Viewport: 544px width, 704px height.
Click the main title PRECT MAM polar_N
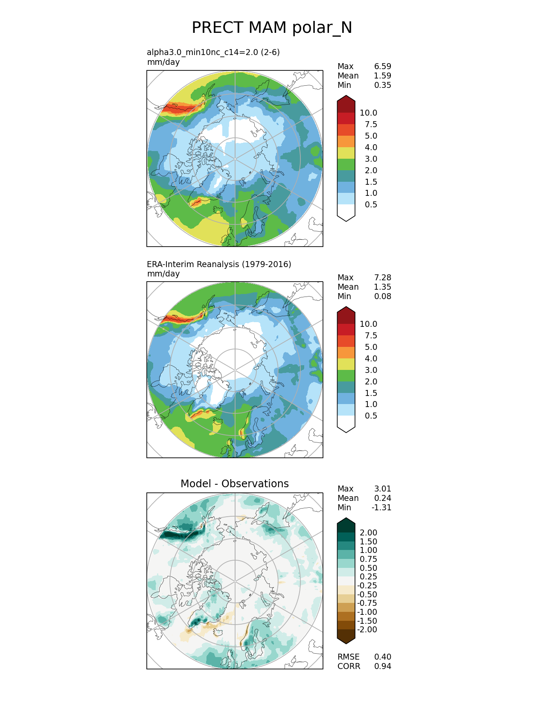click(272, 28)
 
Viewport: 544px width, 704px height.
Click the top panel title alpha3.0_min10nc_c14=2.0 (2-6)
click(213, 52)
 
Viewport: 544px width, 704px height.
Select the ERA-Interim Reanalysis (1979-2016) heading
click(219, 264)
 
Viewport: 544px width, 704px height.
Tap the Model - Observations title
click(234, 483)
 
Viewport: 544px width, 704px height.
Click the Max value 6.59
click(382, 66)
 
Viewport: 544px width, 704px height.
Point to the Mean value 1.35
click(382, 287)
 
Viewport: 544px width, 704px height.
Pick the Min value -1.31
click(381, 507)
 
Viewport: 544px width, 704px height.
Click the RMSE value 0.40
click(382, 657)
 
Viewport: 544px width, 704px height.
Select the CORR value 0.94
click(382, 666)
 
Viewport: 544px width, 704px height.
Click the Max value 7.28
click(382, 277)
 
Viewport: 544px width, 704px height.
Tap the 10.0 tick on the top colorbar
click(368, 113)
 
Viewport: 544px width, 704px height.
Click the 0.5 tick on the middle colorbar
click(371, 416)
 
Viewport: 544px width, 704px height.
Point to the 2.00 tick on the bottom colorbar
click(368, 532)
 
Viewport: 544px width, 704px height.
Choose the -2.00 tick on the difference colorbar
click(367, 629)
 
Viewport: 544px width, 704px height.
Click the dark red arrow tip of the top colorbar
click(346, 102)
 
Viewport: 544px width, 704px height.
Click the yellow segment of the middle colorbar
click(346, 364)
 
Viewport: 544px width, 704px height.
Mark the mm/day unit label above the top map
click(163, 62)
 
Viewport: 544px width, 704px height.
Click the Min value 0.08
click(382, 296)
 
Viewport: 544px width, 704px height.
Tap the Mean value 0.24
click(382, 498)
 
